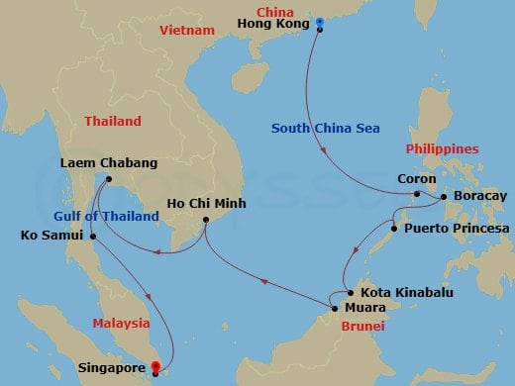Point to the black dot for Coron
point(418,194)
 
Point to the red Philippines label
point(443,148)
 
